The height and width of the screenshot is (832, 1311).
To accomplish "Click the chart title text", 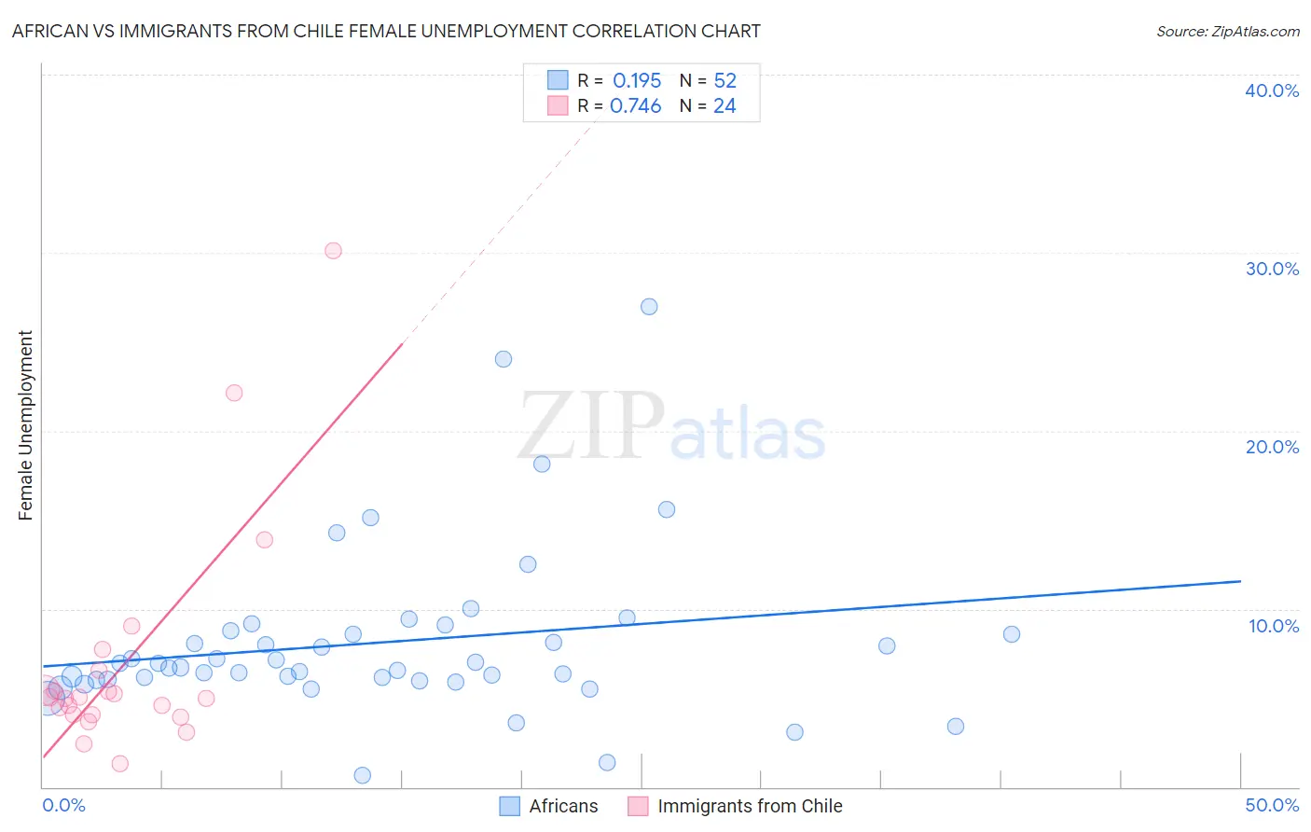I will pos(386,31).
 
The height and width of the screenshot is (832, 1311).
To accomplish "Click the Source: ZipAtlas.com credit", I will pos(1227,31).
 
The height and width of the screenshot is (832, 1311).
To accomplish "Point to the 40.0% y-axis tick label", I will pos(1272,90).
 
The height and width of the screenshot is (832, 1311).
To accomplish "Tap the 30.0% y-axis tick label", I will pos(1272,269).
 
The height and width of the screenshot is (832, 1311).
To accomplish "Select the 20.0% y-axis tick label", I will pos(1272,447).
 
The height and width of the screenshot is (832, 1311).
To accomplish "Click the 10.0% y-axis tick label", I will pos(1273,626).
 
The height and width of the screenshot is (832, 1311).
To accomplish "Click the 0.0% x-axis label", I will pos(63,805).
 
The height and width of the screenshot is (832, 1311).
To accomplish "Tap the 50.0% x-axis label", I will pos(1272,805).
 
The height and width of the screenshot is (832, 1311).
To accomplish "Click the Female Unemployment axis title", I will pos(25,424).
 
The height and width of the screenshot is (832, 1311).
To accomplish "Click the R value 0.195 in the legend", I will pos(637,81).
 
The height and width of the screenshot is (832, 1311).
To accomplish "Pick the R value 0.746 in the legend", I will pos(635,106).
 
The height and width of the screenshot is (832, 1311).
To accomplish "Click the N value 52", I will pos(724,81).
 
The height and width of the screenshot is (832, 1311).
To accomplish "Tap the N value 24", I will pos(724,106).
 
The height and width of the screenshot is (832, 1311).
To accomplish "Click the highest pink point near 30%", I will pos(333,251).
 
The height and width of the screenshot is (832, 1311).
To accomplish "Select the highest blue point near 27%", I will pos(649,307).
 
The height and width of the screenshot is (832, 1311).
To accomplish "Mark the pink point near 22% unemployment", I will pos(234,393).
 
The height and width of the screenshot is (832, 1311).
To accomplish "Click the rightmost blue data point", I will pos(1012,634).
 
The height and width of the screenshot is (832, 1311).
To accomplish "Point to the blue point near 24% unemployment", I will pos(504,359).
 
